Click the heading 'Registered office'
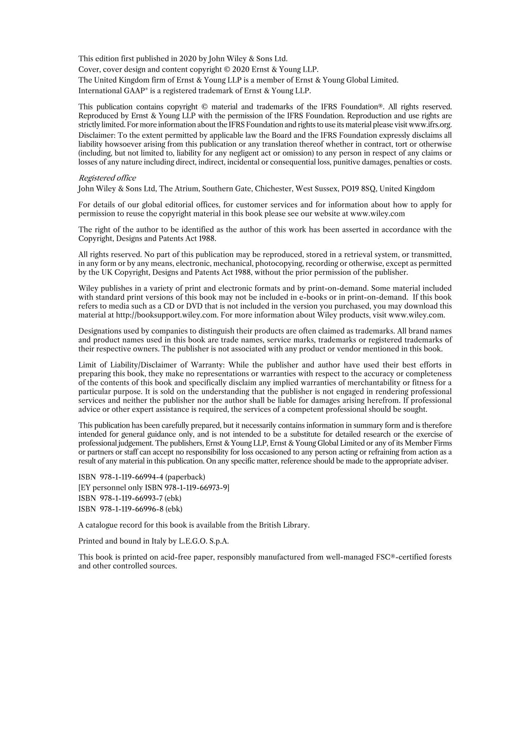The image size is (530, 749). tap(107, 178)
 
